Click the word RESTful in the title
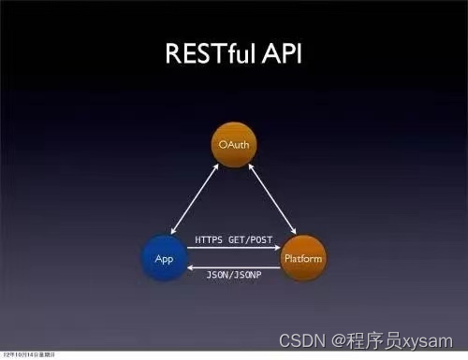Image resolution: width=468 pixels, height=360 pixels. [210, 52]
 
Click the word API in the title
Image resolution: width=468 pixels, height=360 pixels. [278, 52]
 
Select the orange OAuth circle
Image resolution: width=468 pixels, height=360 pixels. [234, 145]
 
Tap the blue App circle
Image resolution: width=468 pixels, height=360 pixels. [164, 256]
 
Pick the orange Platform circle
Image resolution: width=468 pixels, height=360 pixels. [303, 256]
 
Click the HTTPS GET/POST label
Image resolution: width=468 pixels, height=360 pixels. [234, 240]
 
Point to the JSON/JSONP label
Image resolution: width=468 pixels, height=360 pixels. [234, 275]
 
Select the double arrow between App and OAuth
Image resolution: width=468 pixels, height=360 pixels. [194, 198]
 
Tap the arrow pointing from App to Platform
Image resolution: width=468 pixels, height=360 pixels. [234, 250]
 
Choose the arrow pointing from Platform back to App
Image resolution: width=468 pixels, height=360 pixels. [234, 265]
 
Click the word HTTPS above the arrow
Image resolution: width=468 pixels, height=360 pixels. [209, 240]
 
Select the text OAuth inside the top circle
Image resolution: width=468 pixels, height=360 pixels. [234, 145]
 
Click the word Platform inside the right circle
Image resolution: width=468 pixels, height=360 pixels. [303, 256]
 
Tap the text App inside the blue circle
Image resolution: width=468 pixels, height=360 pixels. [164, 257]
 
